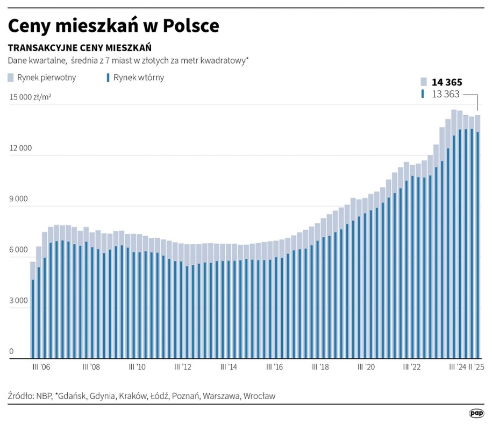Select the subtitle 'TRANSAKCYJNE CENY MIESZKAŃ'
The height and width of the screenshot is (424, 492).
point(80,47)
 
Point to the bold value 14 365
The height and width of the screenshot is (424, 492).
point(446,82)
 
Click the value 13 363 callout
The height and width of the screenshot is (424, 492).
point(446,94)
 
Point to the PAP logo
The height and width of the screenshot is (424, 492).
point(476,413)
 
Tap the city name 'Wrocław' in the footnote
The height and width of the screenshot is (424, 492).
point(259,396)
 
